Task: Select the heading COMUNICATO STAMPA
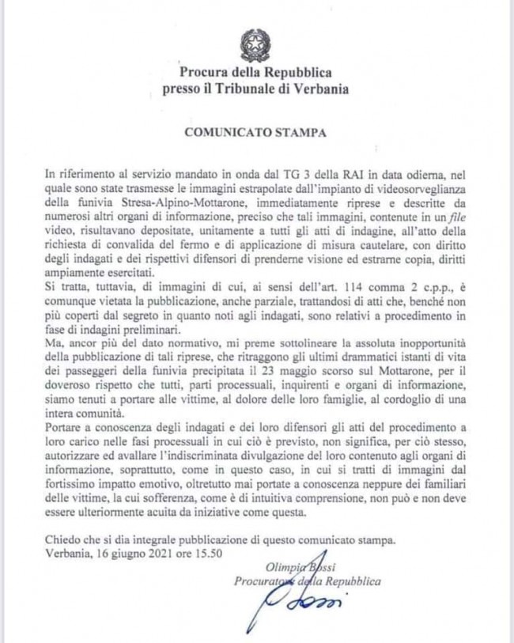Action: (255, 132)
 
